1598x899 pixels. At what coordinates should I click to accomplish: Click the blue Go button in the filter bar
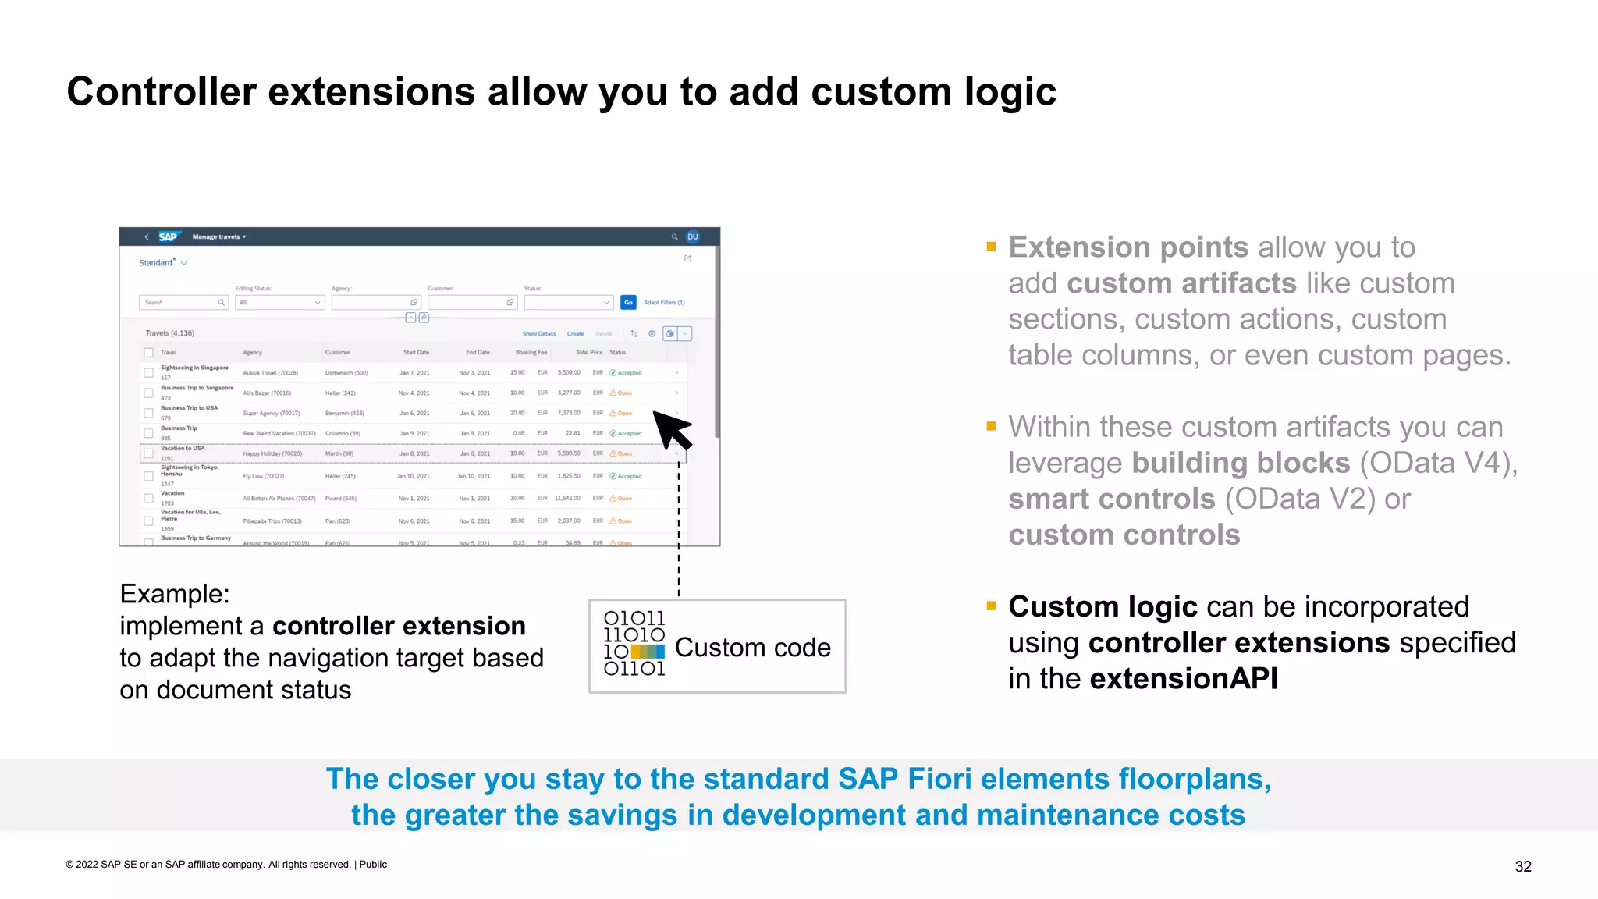628,302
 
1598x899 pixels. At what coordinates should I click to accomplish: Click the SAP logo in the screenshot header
168,236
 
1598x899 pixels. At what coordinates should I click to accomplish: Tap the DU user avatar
692,236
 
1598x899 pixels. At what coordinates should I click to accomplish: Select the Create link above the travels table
575,334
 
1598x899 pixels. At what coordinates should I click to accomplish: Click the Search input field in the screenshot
179,302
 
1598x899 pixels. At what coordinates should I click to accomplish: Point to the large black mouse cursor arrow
671,430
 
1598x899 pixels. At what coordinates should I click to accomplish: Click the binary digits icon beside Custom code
634,644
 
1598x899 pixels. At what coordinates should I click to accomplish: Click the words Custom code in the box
752,648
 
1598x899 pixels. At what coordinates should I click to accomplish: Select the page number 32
1522,866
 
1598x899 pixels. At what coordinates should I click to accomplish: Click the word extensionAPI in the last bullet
1183,679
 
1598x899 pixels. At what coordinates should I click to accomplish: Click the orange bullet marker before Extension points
991,247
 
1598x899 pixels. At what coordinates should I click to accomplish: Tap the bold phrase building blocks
1241,463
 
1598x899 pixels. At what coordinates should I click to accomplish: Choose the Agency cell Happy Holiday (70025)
272,453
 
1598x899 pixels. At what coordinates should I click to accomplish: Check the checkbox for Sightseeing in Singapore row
148,372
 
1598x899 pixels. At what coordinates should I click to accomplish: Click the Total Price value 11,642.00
567,498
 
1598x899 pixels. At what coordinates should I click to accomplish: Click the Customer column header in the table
337,353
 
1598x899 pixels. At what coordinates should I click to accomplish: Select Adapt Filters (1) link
663,302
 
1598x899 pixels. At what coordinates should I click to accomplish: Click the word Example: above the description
175,594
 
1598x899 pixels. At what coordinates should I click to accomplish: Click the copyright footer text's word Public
373,865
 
